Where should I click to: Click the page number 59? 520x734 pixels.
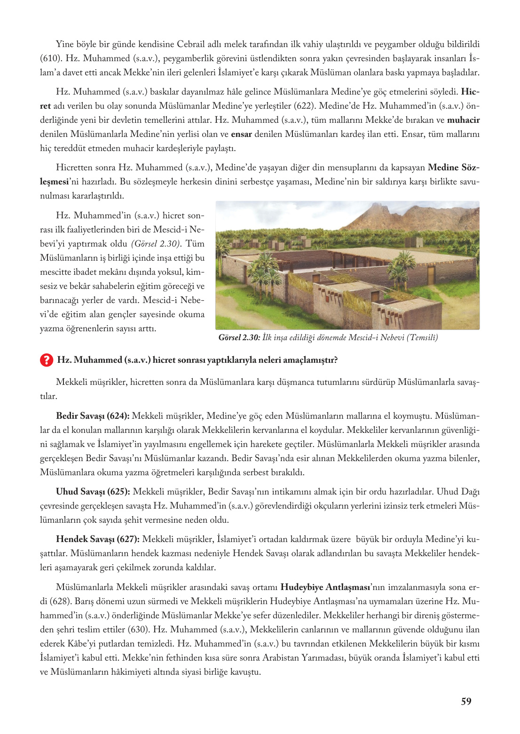(x=466, y=702)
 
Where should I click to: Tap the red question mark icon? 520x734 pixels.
(x=46, y=360)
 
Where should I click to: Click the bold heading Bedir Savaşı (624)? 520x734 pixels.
(x=93, y=416)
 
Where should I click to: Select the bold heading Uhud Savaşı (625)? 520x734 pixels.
(x=93, y=492)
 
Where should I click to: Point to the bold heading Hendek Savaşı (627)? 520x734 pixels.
(x=97, y=539)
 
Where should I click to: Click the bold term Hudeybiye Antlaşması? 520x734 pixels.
(x=325, y=587)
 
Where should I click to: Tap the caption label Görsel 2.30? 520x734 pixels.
(x=239, y=338)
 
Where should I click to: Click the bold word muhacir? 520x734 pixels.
(x=463, y=120)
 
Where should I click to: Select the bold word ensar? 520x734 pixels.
(x=241, y=134)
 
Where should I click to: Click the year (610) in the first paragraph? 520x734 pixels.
(x=49, y=58)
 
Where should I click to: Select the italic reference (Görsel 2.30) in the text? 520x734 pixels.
(x=156, y=244)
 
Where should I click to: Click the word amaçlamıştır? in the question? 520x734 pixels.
(x=310, y=360)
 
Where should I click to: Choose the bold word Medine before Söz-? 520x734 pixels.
(x=443, y=168)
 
